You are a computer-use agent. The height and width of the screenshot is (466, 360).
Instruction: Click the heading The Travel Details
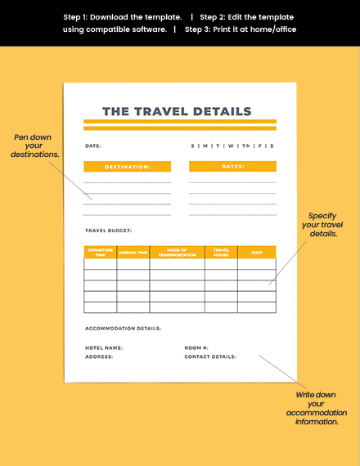tap(176, 111)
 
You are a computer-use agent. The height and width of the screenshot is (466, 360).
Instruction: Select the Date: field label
tap(93, 146)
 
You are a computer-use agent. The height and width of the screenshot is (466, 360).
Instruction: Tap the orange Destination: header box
tap(127, 167)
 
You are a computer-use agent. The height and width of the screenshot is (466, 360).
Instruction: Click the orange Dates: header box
tap(232, 167)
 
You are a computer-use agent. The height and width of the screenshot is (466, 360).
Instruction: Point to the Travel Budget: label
tap(108, 231)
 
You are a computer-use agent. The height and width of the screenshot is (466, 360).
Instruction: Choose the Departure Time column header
tap(100, 253)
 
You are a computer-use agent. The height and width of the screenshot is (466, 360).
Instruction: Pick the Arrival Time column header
tap(133, 253)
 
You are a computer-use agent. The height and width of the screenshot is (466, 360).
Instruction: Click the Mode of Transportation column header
tap(177, 253)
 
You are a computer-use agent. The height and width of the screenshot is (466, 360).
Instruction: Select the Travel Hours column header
tap(221, 253)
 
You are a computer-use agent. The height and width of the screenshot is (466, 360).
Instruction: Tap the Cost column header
tap(257, 253)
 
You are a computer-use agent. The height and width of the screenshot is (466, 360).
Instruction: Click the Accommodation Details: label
tap(123, 329)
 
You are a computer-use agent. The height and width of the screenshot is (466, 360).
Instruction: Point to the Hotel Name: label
tap(104, 347)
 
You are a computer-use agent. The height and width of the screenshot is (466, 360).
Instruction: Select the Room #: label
tap(196, 347)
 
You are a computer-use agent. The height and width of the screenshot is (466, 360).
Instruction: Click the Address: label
tap(99, 356)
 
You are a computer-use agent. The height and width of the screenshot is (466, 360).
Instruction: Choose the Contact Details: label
tap(209, 356)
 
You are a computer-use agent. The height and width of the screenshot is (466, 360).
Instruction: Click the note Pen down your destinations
tap(34, 146)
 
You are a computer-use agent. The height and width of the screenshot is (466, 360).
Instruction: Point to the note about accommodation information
tap(317, 408)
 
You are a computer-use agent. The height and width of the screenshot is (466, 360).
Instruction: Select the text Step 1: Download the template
tap(122, 16)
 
